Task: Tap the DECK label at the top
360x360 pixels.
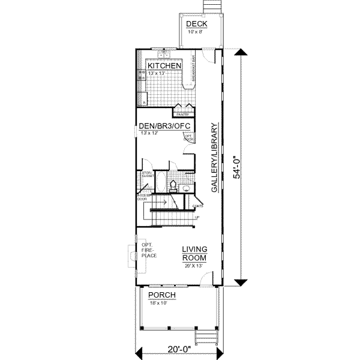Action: coord(196,24)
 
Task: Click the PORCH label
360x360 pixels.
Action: coord(162,295)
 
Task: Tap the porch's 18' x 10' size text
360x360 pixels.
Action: coord(160,303)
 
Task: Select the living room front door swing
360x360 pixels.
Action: coord(207,277)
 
